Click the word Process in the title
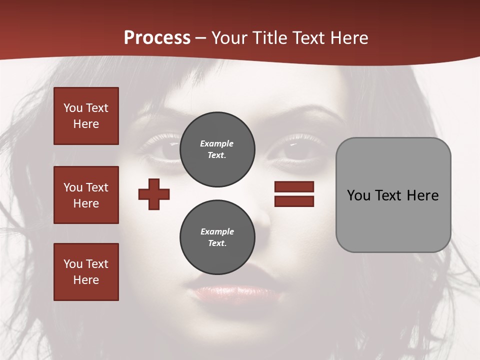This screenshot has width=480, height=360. (157, 38)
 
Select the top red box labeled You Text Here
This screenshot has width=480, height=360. (86, 116)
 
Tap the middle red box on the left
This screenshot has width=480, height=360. (86, 195)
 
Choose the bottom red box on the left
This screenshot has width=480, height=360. (86, 272)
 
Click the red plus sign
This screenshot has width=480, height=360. (154, 194)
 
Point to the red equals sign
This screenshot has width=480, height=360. (294, 194)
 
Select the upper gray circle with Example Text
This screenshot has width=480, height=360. (217, 149)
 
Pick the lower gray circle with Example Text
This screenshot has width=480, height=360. (217, 237)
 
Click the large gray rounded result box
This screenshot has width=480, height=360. (393, 195)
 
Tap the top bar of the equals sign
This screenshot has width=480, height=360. (294, 186)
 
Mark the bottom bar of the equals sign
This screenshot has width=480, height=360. (294, 201)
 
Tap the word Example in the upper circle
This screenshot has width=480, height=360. (217, 143)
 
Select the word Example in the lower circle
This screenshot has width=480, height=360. (217, 231)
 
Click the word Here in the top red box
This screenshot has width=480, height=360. (86, 124)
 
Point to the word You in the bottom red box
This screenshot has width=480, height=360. (72, 264)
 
